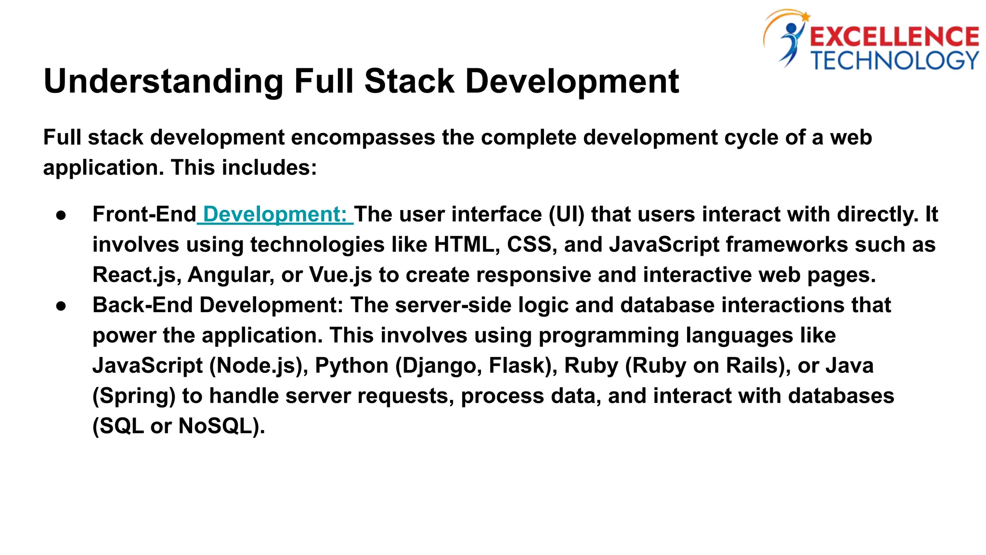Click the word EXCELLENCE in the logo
coord(894,37)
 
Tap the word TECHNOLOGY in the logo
coord(895,61)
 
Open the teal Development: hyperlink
coord(275,214)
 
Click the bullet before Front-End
coord(61,215)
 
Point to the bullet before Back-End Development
coord(61,306)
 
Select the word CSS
coord(529,245)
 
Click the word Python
coord(351,366)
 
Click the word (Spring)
coord(134,396)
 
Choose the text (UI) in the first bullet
coord(567,214)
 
